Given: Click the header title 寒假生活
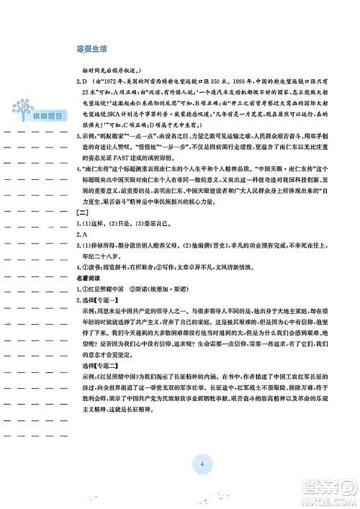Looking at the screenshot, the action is click(91, 49).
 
